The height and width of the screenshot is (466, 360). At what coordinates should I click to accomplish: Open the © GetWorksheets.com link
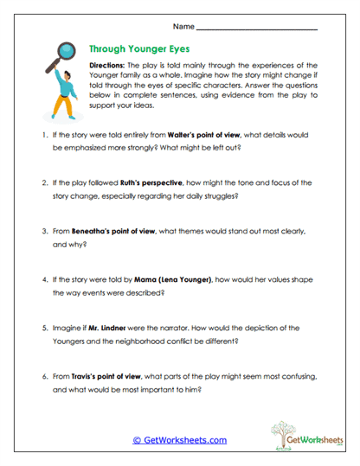click(x=180, y=440)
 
